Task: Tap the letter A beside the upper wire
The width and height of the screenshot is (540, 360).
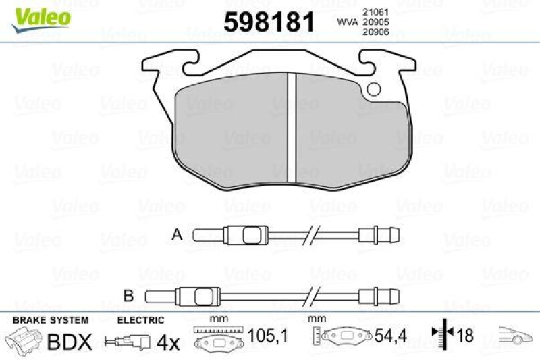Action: (x=178, y=235)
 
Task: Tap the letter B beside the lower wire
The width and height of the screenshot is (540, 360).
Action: (x=129, y=294)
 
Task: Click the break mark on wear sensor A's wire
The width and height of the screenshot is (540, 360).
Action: (x=311, y=236)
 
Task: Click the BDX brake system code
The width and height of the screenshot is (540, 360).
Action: (x=69, y=342)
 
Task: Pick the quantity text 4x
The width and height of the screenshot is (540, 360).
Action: (x=167, y=342)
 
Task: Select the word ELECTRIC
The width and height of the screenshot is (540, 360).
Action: (x=140, y=320)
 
